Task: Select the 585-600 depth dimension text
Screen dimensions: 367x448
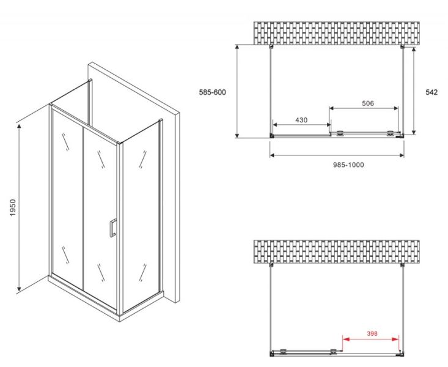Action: [212, 92]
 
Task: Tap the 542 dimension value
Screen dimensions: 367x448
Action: [431, 92]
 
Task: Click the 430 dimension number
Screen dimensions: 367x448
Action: [301, 120]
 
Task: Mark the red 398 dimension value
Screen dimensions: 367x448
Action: [371, 333]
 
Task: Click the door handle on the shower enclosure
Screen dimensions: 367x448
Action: [112, 228]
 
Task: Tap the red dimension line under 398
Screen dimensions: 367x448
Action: [370, 339]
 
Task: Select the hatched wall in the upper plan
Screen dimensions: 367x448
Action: [338, 33]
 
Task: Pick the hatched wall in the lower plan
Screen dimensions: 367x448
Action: [338, 251]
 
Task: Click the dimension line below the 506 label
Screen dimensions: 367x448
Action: [364, 109]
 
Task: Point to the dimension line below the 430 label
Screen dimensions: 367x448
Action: [301, 125]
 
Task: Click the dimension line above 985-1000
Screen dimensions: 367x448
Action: [336, 155]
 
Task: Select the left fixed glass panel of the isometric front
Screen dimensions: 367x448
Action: [66, 196]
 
